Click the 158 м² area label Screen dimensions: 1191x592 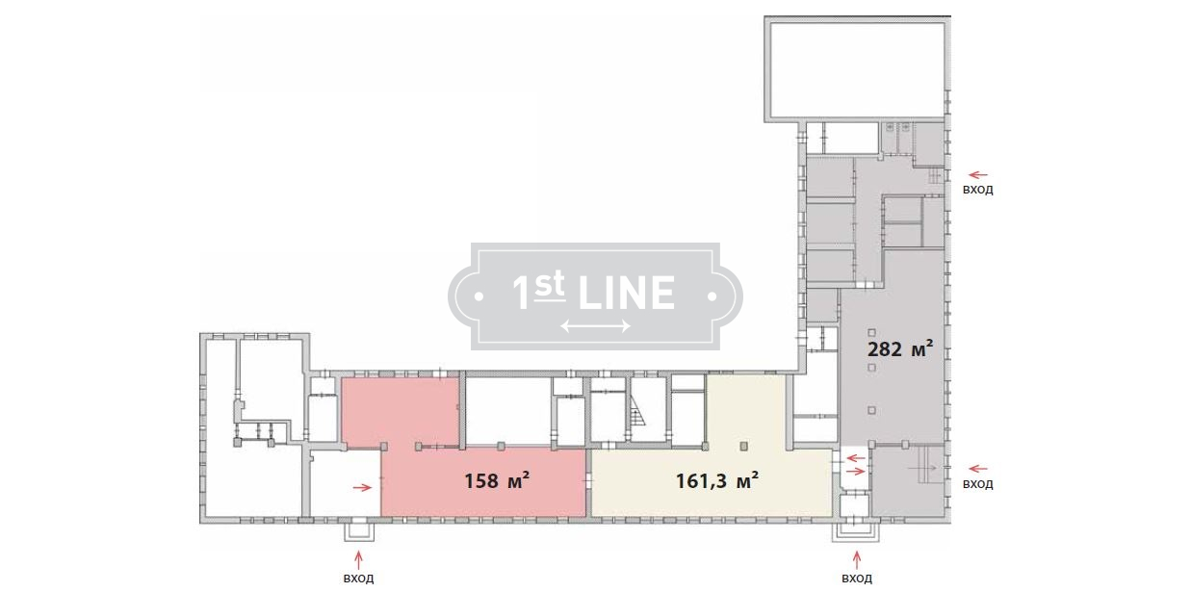pyautogui.click(x=497, y=480)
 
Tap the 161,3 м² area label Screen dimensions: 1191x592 pyautogui.click(x=716, y=480)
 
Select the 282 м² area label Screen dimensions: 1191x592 pyautogui.click(x=899, y=348)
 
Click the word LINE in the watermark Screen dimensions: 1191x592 pyautogui.click(x=627, y=293)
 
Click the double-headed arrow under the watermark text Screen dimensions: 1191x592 pyautogui.click(x=595, y=325)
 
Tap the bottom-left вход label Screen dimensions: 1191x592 pyautogui.click(x=358, y=579)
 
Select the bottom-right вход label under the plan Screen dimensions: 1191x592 pyautogui.click(x=857, y=579)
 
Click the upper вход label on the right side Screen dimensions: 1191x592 pyautogui.click(x=978, y=190)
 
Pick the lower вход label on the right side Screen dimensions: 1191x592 pyautogui.click(x=978, y=484)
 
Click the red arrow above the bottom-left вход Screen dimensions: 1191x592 pyautogui.click(x=359, y=560)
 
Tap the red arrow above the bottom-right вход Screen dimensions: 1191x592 pyautogui.click(x=857, y=560)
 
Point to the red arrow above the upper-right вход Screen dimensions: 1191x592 pyautogui.click(x=978, y=174)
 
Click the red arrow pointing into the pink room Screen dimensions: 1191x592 pyautogui.click(x=363, y=487)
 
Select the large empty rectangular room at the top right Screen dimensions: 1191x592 pyautogui.click(x=857, y=69)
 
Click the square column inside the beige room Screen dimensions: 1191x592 pyautogui.click(x=744, y=447)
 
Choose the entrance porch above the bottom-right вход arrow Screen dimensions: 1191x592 pyautogui.click(x=856, y=531)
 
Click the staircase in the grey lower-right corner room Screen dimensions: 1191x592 pyautogui.click(x=927, y=466)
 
